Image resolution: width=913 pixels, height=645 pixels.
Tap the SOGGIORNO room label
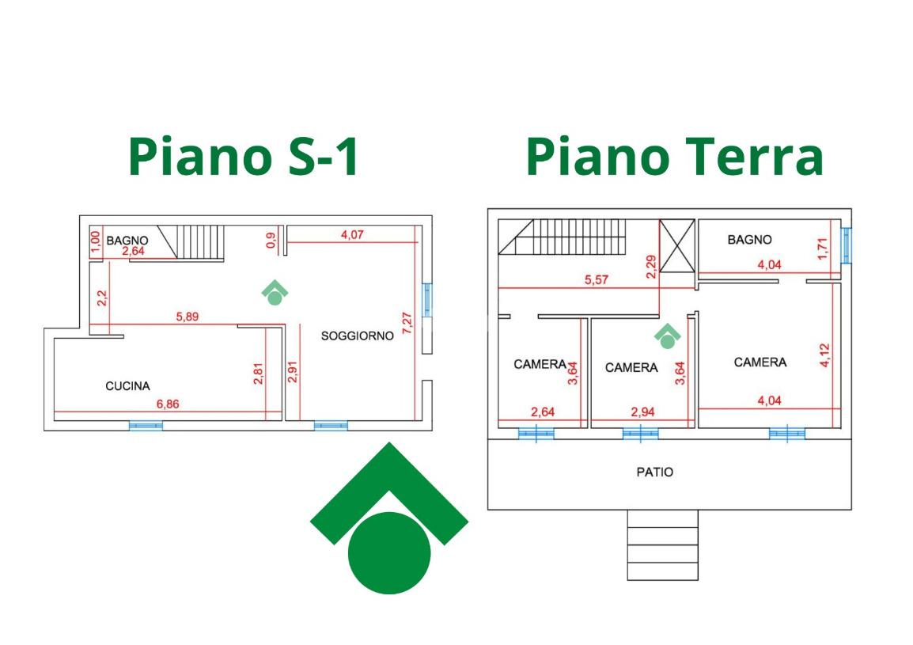pos(358,336)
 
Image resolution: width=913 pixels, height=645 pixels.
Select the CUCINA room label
pos(127,385)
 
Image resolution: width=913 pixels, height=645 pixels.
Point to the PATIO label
pos(654,472)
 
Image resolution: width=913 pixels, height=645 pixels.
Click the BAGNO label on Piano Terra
pos(749,240)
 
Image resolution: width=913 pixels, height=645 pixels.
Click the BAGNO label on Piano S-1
pos(127,240)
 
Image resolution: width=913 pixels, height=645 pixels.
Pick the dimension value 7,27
pos(407,323)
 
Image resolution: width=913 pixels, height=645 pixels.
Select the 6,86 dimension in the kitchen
pos(168,404)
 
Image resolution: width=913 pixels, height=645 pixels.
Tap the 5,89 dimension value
pos(188,317)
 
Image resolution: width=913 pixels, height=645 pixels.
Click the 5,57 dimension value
pos(597,279)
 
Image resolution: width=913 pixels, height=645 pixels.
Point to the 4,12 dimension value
pos(824,355)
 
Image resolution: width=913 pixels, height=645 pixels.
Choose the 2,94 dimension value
pos(643,412)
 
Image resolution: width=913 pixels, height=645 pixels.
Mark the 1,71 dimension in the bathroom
pos(822,249)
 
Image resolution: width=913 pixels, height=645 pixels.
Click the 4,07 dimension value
pos(352,235)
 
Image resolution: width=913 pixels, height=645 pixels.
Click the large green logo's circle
pos(389,553)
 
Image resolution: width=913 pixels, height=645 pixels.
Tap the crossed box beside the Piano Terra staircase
pos(677,246)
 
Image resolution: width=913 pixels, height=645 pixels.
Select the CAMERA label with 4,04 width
pos(760,362)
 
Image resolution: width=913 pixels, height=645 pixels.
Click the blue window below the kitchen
pos(146,426)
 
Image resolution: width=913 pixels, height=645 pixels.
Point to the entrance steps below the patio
pos(663,545)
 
